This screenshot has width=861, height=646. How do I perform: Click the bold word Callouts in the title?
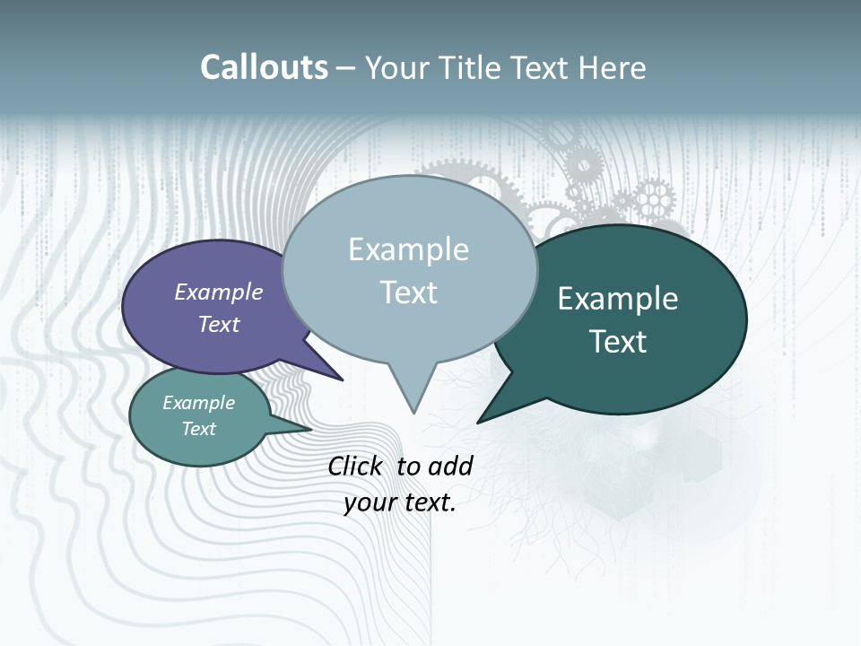pos(264,67)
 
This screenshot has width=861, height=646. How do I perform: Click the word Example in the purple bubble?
pos(219,292)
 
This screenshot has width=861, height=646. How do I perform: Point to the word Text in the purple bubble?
pos(219,324)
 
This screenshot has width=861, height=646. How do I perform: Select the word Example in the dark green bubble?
pos(618,299)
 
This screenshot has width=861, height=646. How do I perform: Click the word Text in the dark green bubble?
pos(618,341)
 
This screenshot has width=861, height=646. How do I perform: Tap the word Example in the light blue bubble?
pos(408,249)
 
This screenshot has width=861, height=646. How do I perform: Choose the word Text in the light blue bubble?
pos(408,292)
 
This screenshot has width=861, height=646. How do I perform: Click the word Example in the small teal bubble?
pos(198,403)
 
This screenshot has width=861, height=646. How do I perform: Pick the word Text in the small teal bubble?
pos(198,429)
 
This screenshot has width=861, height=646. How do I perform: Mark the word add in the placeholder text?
pos(450,466)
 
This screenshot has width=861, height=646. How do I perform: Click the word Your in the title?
pos(397,67)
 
